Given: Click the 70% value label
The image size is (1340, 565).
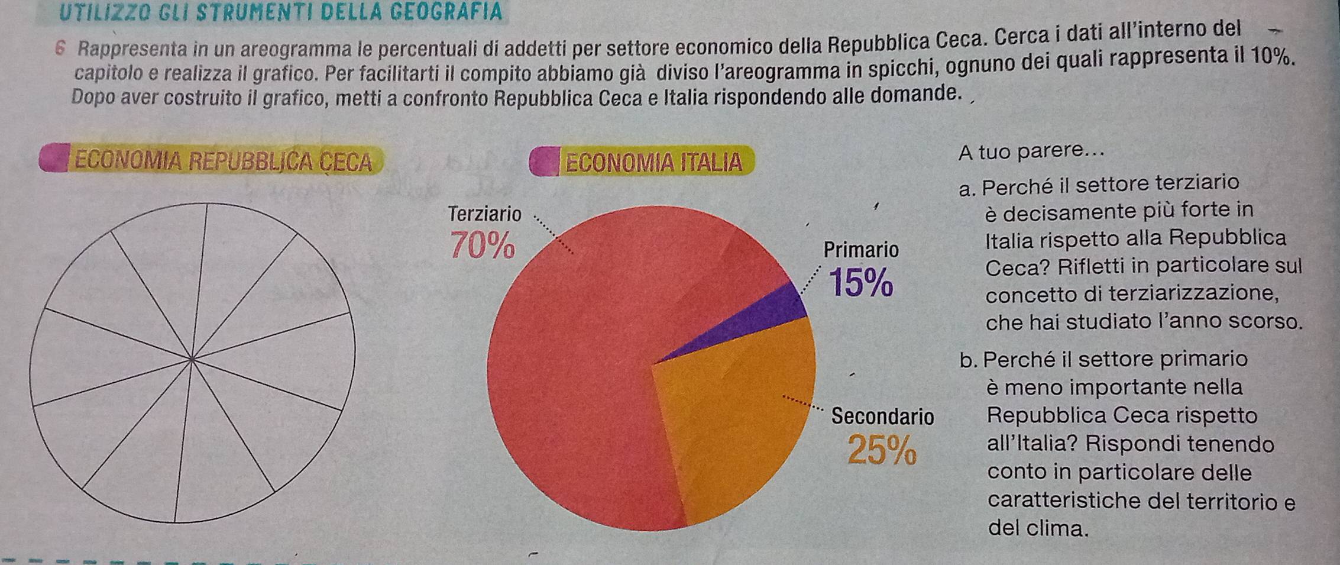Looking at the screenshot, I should [482, 246].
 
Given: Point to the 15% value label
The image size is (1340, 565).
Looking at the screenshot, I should [862, 283].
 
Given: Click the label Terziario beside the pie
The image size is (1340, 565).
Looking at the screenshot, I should [485, 214].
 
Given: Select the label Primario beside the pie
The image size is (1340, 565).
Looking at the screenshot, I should [861, 250].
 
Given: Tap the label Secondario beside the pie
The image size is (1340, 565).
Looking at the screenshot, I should [882, 417].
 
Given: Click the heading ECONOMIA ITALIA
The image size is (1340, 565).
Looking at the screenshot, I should [653, 162].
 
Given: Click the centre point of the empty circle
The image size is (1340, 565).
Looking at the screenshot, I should [192, 359].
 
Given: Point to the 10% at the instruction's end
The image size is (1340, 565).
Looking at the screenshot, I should [1270, 57].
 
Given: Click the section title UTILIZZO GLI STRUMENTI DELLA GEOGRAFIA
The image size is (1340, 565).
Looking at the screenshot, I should [281, 12].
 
